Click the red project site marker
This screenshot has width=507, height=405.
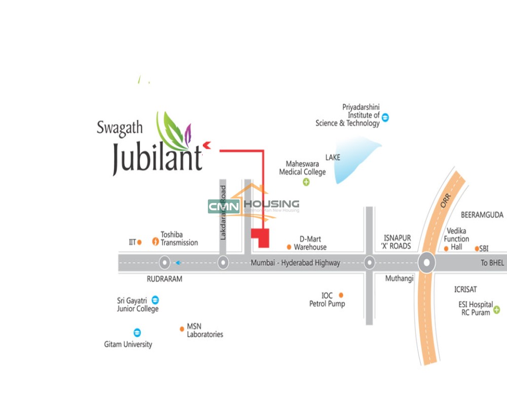[x=261, y=237]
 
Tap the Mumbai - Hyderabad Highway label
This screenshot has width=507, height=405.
[x=295, y=263]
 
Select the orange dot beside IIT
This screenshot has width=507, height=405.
[x=139, y=242]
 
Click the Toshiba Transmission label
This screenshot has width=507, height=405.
[x=179, y=238]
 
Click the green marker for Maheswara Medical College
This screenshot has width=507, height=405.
[x=306, y=182]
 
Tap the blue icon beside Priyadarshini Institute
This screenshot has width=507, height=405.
[x=386, y=118]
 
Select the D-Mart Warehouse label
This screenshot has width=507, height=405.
[x=310, y=243]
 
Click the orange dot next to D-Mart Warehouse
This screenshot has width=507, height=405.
[x=289, y=247]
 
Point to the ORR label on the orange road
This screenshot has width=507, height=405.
[x=445, y=201]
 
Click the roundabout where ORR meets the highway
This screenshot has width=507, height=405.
[x=427, y=263]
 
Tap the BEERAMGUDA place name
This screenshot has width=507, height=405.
[x=482, y=215]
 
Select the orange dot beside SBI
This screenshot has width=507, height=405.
[x=477, y=249]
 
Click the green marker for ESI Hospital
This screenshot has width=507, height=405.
[x=497, y=309]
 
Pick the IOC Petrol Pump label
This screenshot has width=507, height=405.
[x=327, y=300]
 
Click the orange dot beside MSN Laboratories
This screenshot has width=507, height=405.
[x=182, y=329]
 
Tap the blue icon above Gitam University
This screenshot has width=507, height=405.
[x=137, y=333]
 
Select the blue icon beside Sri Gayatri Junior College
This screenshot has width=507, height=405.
[x=156, y=299]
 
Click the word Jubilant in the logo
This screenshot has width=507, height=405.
[x=157, y=157]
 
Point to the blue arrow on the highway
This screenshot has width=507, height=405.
[x=177, y=263]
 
